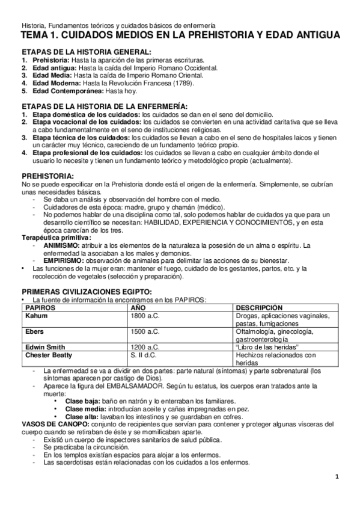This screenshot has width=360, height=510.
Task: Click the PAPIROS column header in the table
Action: pyautogui.click(x=40, y=307)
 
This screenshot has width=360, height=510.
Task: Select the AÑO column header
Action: pyautogui.click(x=139, y=307)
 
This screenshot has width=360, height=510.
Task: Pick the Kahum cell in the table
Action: pyautogui.click(x=37, y=315)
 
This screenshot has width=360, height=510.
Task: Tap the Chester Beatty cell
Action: pyautogui.click(x=49, y=355)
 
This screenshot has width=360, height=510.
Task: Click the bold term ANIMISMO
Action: pyautogui.click(x=63, y=245)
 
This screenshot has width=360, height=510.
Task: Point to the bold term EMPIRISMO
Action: pyautogui.click(x=64, y=261)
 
